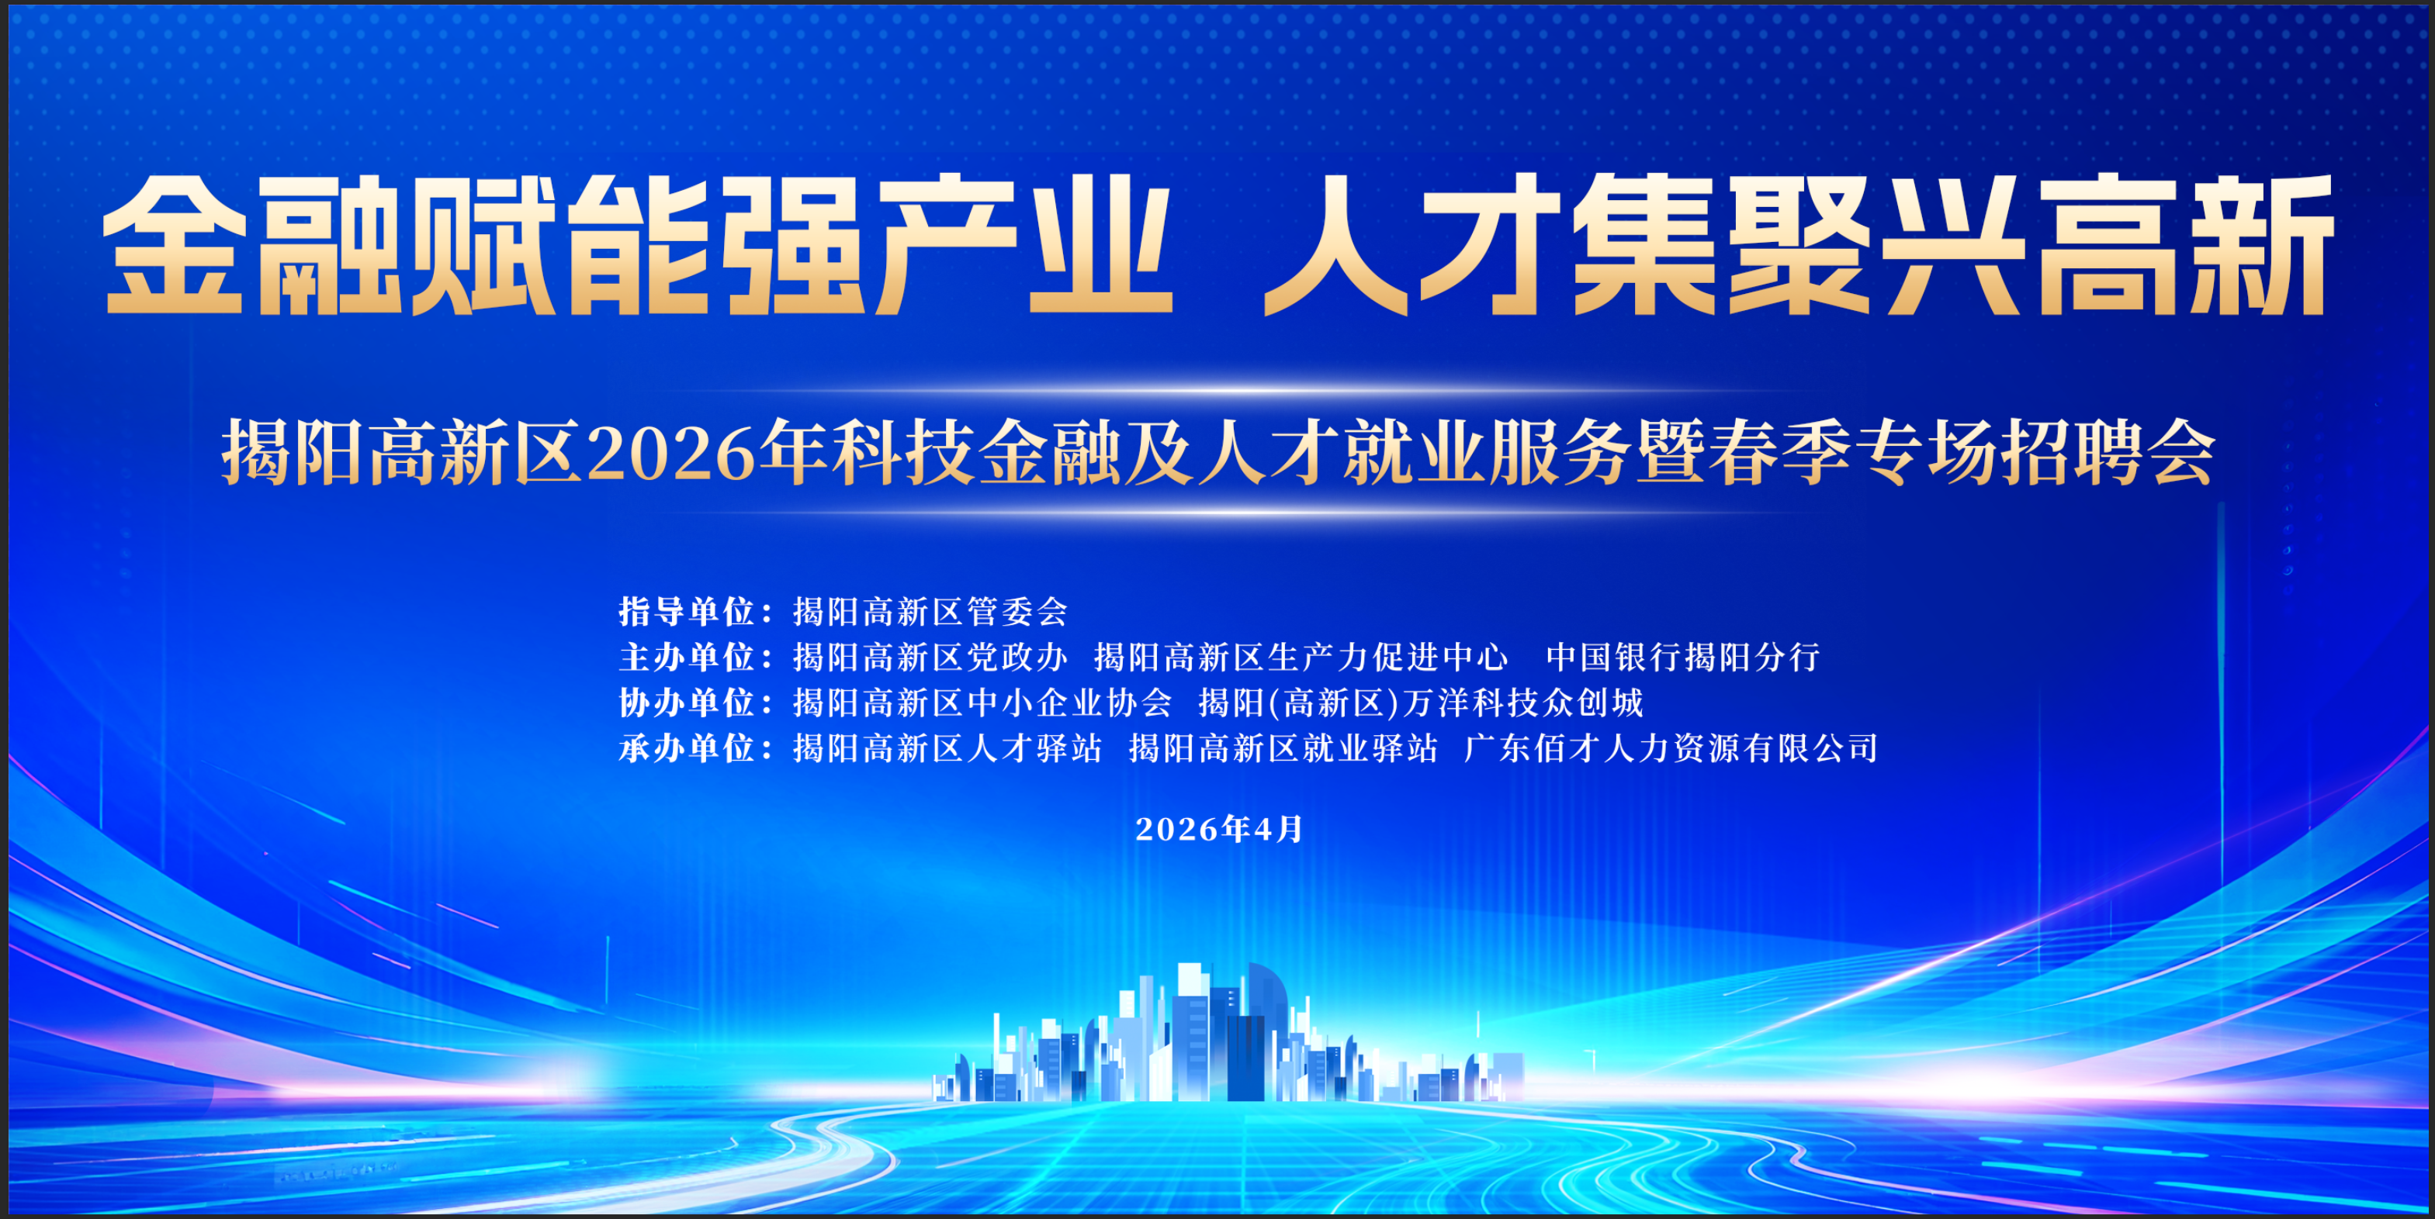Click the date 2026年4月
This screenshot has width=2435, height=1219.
point(1219,829)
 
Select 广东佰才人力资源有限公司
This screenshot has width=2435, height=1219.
point(1671,748)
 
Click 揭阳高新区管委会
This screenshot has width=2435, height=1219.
point(930,611)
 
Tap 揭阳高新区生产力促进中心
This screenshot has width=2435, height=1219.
point(1301,657)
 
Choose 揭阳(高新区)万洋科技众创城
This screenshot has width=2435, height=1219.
point(1422,702)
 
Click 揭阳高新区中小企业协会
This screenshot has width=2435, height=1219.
point(982,702)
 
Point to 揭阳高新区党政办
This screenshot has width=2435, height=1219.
point(930,657)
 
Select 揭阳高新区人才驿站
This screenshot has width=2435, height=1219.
point(947,748)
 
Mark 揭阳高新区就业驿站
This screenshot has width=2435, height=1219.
point(1283,748)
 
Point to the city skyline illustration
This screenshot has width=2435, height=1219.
point(1227,1034)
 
